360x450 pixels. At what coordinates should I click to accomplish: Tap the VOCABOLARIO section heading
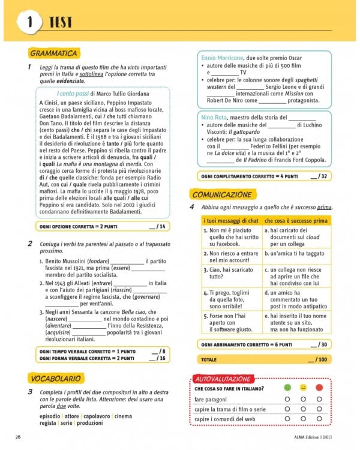[x=55, y=378]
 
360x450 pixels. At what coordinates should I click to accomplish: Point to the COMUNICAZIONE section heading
[x=221, y=194]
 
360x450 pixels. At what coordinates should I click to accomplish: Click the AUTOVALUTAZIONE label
[x=222, y=379]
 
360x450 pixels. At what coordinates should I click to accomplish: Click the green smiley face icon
[x=287, y=388]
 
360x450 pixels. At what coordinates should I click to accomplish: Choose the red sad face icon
[x=319, y=388]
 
